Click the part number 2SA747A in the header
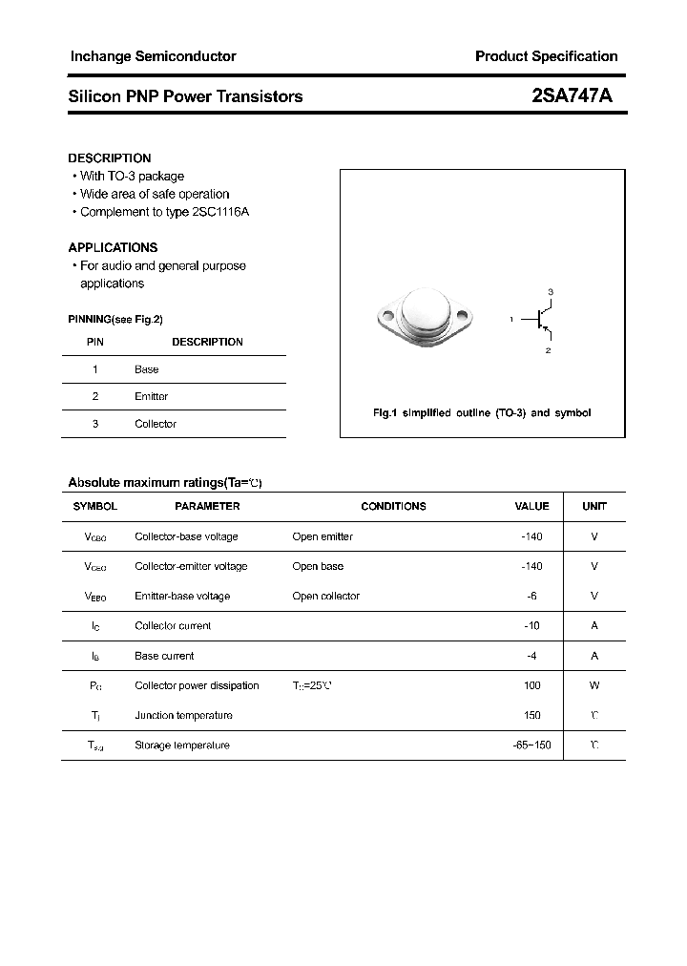(x=572, y=96)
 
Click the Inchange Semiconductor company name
(x=153, y=56)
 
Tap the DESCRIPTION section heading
(x=110, y=158)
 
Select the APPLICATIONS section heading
(x=113, y=247)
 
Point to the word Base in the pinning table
(x=147, y=369)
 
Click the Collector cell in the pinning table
(x=156, y=424)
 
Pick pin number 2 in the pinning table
(x=95, y=396)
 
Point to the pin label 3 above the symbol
(x=551, y=290)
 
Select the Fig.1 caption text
(x=481, y=413)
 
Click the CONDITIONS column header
(x=393, y=506)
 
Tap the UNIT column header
(x=594, y=506)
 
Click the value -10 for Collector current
(x=531, y=626)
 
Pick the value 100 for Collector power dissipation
(x=532, y=685)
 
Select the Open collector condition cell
(x=325, y=596)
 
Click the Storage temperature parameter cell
(x=181, y=745)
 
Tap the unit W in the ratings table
(x=594, y=685)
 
